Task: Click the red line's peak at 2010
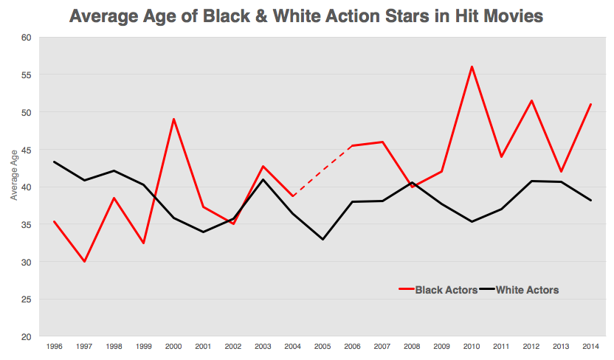(472, 66)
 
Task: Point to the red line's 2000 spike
(173, 119)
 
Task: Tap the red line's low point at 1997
(84, 261)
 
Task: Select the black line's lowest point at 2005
(322, 239)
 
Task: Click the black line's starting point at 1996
(54, 162)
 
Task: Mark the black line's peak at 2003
(263, 179)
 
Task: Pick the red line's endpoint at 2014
(590, 104)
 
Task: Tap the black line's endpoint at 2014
(590, 200)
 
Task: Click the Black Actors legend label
(446, 290)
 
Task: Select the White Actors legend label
(527, 290)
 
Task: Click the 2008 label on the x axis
(412, 346)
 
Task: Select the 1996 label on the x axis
(54, 346)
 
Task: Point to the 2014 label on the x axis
(590, 346)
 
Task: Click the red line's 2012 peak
(531, 100)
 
